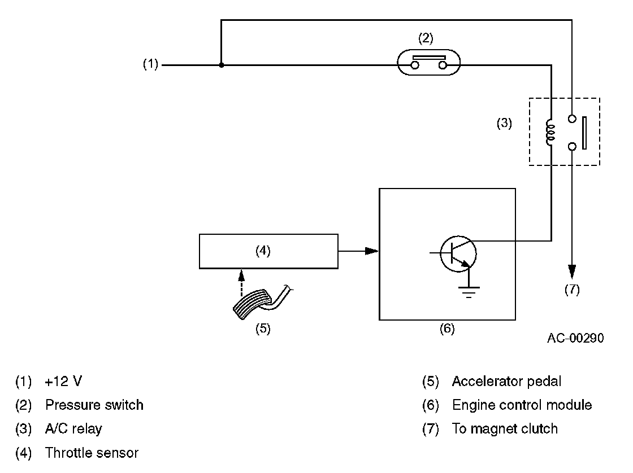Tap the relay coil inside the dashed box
point(551,132)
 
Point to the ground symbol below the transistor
point(469,291)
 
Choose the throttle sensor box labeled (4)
point(268,251)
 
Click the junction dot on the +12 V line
point(221,65)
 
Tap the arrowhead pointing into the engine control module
point(371,251)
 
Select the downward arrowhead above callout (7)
point(572,272)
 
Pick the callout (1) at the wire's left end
point(150,65)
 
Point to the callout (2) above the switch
point(426,38)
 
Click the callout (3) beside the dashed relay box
point(504,123)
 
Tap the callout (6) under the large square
point(447,329)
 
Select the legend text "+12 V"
point(63,382)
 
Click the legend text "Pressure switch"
point(94,405)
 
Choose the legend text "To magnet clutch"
point(505,429)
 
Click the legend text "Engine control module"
point(522,405)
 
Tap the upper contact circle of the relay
point(572,119)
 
